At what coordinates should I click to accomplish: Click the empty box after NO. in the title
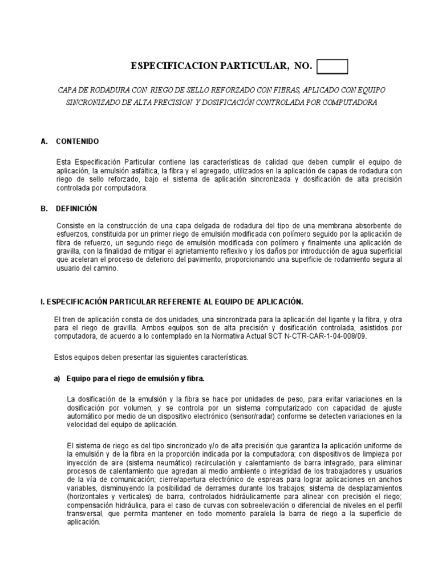coord(332,67)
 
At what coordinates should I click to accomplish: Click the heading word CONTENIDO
coord(77,141)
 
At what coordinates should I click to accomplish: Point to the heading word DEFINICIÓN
coord(76,209)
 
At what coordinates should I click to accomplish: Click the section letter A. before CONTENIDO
coord(44,141)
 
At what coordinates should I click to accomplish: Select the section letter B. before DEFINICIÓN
coord(44,209)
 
